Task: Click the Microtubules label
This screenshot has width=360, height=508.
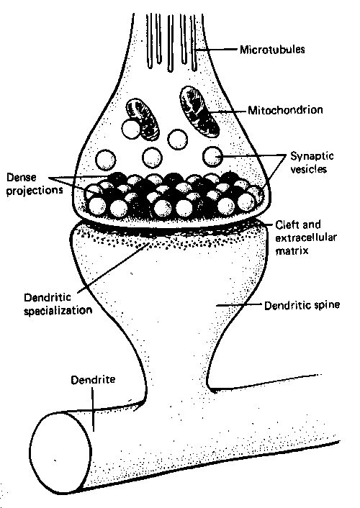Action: pyautogui.click(x=272, y=50)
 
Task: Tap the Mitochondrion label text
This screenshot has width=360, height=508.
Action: pyautogui.click(x=285, y=110)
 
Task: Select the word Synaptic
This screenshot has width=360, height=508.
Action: pyautogui.click(x=312, y=156)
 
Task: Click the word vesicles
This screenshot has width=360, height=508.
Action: pyautogui.click(x=308, y=169)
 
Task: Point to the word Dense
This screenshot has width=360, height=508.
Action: pyautogui.click(x=22, y=177)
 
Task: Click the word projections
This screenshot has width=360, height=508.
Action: pyautogui.click(x=35, y=191)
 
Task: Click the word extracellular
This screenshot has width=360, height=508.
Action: pyautogui.click(x=306, y=237)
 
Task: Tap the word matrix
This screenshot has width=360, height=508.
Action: pyautogui.click(x=292, y=250)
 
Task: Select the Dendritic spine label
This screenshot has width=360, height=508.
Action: pyautogui.click(x=302, y=305)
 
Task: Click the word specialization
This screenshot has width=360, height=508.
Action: pyautogui.click(x=58, y=311)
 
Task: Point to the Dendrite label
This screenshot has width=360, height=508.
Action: pyautogui.click(x=93, y=379)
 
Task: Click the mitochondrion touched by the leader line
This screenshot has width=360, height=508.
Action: pyautogui.click(x=199, y=111)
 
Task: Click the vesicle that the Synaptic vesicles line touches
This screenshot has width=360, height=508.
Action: pyautogui.click(x=212, y=156)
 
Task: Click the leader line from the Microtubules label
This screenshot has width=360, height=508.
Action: pyautogui.click(x=216, y=50)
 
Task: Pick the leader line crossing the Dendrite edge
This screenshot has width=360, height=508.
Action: pyautogui.click(x=92, y=409)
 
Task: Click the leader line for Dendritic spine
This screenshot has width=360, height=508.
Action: pyautogui.click(x=239, y=305)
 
